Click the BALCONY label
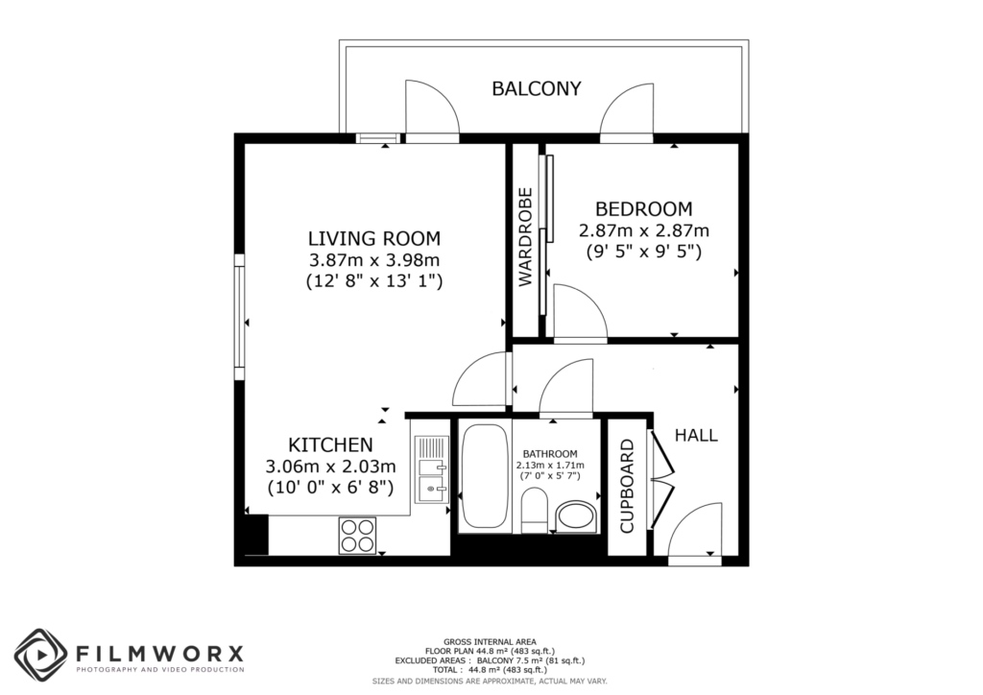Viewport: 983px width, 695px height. (x=537, y=89)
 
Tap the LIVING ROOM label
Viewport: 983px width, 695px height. (x=373, y=238)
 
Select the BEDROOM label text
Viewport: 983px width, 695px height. (x=643, y=208)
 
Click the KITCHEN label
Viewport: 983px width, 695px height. (x=330, y=444)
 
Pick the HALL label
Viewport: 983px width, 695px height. (x=696, y=435)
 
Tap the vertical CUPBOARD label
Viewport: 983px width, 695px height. (x=627, y=486)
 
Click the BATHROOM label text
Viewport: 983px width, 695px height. (x=550, y=454)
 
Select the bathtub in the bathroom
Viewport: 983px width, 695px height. (x=482, y=477)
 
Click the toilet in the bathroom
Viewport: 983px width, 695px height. (x=534, y=509)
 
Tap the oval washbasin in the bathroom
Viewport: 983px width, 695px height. (x=576, y=515)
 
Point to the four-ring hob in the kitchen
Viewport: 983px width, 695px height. (x=357, y=535)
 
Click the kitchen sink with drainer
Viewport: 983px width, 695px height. (x=431, y=470)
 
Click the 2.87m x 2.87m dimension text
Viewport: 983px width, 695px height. (x=643, y=230)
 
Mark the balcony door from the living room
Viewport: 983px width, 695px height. (x=431, y=110)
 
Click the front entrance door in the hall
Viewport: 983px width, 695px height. (x=695, y=533)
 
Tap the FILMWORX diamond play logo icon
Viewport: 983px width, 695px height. (x=39, y=655)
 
